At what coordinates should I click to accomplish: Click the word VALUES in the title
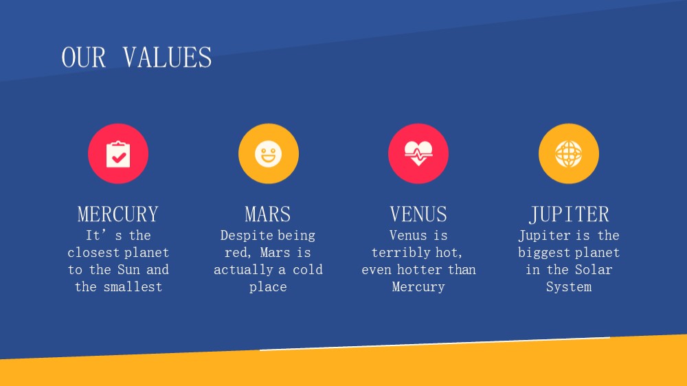[x=167, y=58]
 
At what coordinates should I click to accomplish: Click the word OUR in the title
[x=83, y=58]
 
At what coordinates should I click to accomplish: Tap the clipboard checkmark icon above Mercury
[x=118, y=154]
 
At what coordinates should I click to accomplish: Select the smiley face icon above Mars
[x=268, y=154]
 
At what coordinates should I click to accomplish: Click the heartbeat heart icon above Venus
[x=418, y=153]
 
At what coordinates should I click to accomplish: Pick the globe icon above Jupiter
[x=569, y=154]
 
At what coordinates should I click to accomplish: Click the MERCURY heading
[x=118, y=214]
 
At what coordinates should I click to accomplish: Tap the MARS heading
[x=268, y=214]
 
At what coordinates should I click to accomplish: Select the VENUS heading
[x=418, y=214]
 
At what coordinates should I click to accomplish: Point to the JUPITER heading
[x=569, y=214]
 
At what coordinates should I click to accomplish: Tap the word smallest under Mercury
[x=133, y=286]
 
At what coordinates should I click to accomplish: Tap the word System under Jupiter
[x=569, y=287]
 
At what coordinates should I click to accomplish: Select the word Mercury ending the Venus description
[x=418, y=287]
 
